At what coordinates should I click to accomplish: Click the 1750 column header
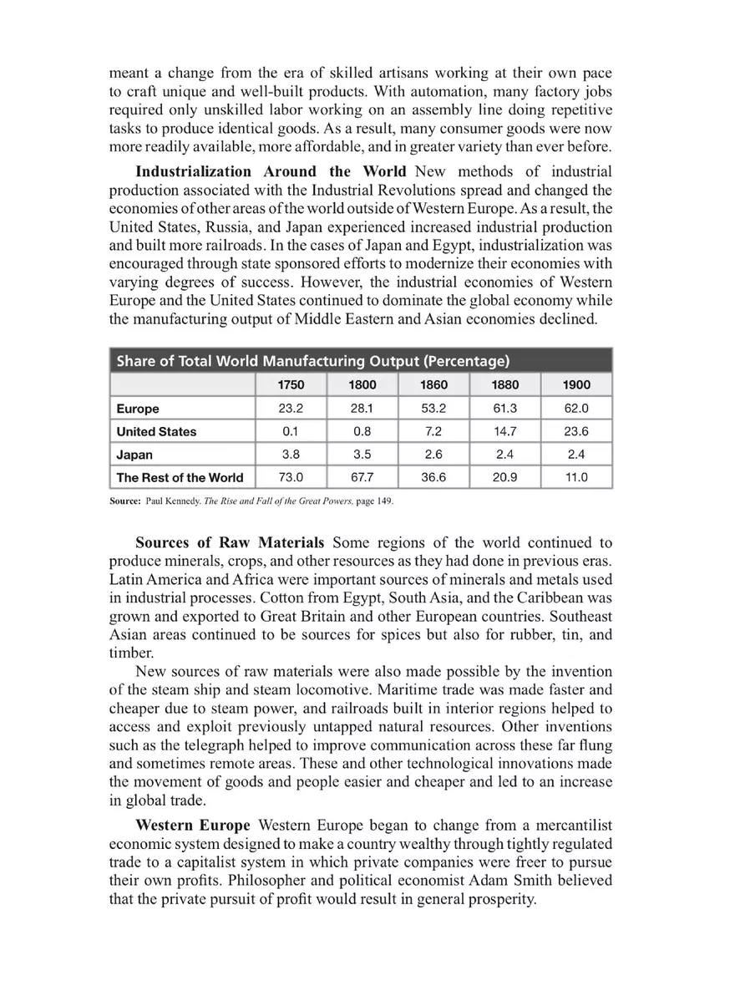[x=291, y=385]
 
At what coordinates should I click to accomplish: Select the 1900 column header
[x=576, y=385]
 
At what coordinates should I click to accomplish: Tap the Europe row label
[x=138, y=409]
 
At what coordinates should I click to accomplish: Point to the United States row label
[x=156, y=432]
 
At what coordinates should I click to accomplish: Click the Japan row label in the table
[x=134, y=455]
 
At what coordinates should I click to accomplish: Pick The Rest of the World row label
[x=180, y=478]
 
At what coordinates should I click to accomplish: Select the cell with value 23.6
[x=576, y=432]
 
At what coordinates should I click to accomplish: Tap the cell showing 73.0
[x=291, y=478]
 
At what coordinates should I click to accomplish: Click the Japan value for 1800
[x=362, y=455]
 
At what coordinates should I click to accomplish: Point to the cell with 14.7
[x=505, y=432]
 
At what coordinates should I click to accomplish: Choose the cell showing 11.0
[x=576, y=478]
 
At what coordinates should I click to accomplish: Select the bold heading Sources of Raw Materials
[x=231, y=542]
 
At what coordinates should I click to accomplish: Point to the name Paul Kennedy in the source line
[x=172, y=502]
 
